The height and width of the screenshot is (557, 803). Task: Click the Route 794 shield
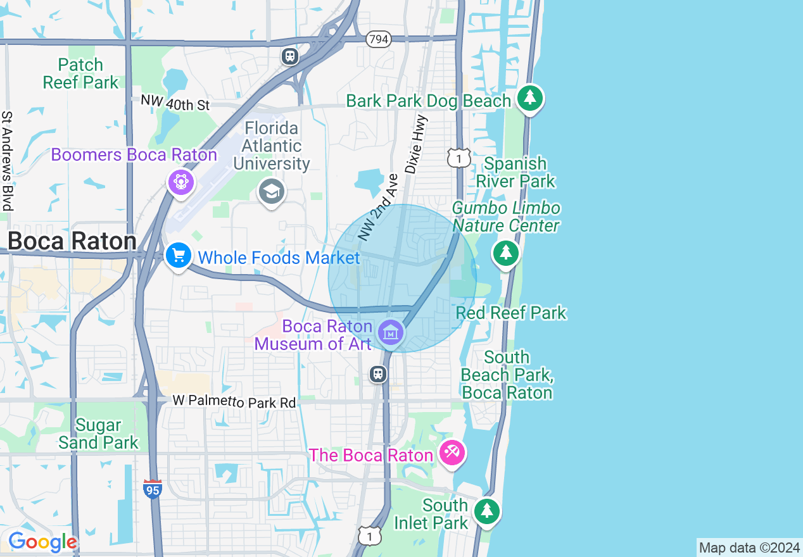pos(378,39)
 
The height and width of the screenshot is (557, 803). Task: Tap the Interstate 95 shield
pos(152,489)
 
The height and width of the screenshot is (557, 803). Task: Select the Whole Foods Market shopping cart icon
pos(179,256)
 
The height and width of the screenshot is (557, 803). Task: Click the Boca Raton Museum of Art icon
pos(391,331)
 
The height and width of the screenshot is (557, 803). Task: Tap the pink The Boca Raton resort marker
pos(453,453)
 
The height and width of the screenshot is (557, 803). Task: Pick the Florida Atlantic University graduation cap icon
pos(271,191)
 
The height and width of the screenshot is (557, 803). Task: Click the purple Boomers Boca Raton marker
pos(180,182)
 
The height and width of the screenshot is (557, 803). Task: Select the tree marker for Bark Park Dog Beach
pos(530,98)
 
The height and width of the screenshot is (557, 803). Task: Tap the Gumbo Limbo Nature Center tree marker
pos(505,253)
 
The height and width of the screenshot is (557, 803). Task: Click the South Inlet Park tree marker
pos(486,510)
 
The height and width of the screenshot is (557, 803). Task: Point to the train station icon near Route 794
pos(290,56)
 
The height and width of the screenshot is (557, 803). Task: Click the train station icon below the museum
pos(378,374)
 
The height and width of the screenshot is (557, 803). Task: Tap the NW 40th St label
pos(175,103)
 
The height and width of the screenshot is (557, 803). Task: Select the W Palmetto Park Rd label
pos(234,401)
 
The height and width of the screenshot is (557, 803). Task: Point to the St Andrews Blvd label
pos(8,161)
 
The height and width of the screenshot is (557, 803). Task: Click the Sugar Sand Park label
pos(98,434)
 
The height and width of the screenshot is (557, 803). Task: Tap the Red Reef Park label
pos(511,313)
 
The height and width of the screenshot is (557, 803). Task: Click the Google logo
pos(42,542)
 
